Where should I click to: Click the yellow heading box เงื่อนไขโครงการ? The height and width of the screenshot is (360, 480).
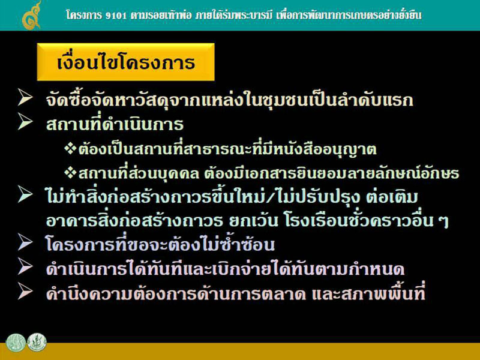(125, 62)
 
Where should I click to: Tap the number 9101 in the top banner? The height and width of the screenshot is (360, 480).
(116, 16)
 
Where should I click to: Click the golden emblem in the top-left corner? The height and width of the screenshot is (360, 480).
(32, 16)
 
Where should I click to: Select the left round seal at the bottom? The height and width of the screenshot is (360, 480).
(16, 343)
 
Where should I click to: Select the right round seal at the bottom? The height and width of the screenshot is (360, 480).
(37, 342)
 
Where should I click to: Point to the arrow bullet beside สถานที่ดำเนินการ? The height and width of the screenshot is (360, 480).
(25, 121)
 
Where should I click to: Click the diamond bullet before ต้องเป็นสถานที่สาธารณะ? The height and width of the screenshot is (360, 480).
(70, 149)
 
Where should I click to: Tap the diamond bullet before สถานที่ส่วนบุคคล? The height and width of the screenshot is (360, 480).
(70, 173)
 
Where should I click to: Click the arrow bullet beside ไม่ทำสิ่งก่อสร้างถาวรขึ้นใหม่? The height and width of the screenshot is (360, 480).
(25, 194)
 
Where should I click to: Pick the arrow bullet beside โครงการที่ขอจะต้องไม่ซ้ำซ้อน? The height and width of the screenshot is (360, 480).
(25, 242)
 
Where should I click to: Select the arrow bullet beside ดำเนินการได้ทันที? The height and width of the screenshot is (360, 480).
(25, 266)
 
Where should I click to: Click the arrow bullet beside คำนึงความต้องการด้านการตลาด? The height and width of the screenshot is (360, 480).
(25, 291)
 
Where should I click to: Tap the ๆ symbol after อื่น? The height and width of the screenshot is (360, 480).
(444, 221)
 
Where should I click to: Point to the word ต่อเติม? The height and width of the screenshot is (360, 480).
(392, 196)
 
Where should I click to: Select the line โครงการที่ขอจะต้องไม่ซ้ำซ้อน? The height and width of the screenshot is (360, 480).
(160, 244)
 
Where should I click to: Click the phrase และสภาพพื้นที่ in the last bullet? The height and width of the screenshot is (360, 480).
(368, 293)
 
